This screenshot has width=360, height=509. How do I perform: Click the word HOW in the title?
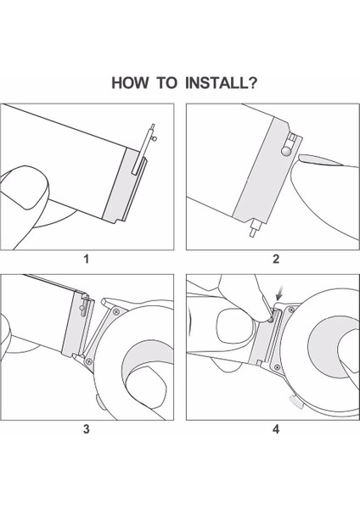click(130, 83)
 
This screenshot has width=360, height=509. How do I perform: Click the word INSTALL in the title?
click(217, 83)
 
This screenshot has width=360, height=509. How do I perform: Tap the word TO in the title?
click(167, 83)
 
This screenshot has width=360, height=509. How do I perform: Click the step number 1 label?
click(86, 259)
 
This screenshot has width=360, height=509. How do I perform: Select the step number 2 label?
click(276, 259)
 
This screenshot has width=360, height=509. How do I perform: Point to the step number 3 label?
click(86, 429)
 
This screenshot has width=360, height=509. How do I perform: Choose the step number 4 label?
click(276, 429)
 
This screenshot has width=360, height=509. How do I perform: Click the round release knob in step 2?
click(286, 151)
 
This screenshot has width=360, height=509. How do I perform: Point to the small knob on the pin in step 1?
click(155, 139)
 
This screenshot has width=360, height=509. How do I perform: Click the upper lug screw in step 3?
click(116, 312)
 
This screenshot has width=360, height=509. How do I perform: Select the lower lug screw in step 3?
click(89, 361)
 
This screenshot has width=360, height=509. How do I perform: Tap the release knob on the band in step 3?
click(83, 308)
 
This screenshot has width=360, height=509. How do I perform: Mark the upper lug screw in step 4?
click(291, 310)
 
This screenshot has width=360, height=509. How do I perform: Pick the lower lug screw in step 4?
click(277, 367)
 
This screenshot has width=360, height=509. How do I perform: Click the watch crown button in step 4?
click(295, 402)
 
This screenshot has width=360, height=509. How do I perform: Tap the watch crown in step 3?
click(98, 400)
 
